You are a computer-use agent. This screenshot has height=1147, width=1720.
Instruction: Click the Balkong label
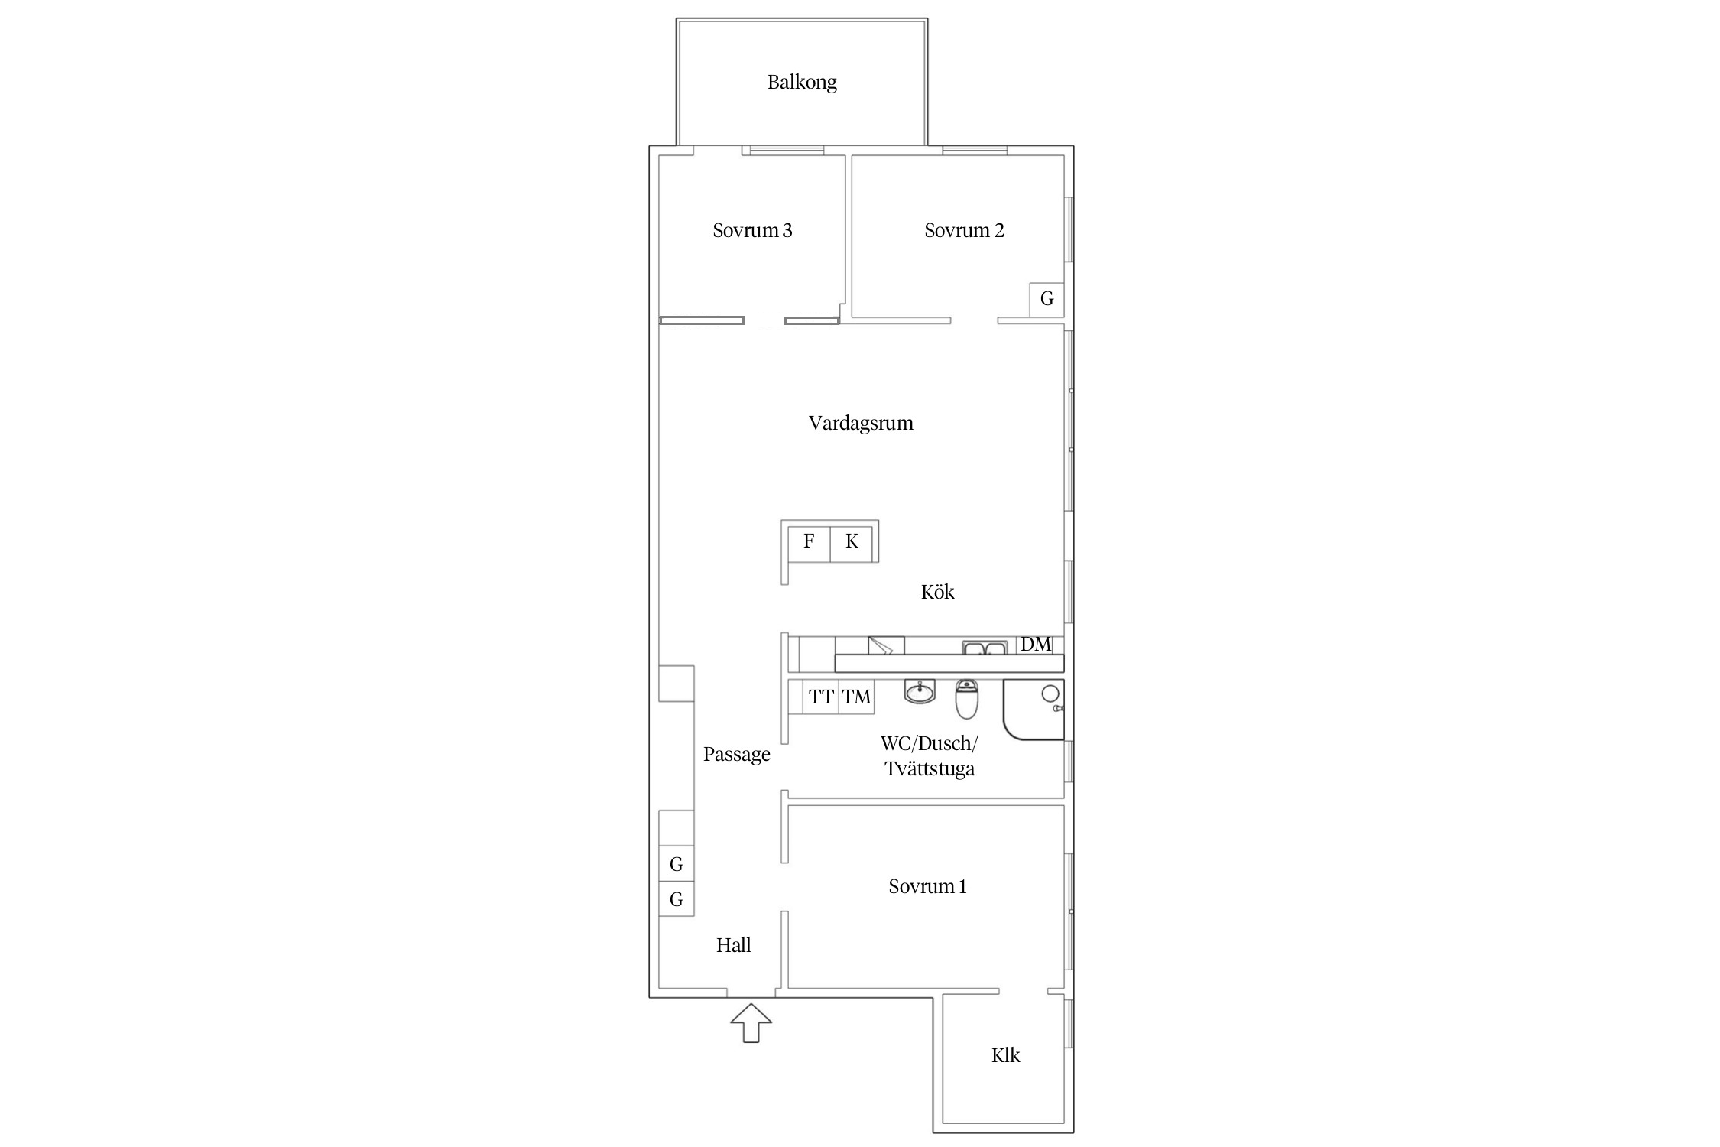click(802, 82)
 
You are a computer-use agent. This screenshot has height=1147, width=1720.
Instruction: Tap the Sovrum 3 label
click(752, 230)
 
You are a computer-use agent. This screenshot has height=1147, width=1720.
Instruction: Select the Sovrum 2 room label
click(964, 230)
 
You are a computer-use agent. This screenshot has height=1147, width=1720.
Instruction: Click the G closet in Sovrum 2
click(1047, 299)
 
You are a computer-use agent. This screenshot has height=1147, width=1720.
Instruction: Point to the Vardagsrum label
click(861, 423)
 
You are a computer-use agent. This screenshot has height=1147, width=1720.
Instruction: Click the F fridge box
click(809, 541)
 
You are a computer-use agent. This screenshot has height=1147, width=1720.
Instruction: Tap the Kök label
click(938, 592)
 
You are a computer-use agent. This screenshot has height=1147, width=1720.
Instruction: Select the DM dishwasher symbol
click(1036, 645)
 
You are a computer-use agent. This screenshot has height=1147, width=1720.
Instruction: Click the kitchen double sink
click(985, 648)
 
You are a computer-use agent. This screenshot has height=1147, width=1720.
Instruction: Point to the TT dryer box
click(821, 697)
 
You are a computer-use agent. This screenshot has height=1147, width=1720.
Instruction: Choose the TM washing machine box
click(856, 697)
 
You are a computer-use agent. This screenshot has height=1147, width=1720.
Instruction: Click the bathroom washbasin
click(920, 692)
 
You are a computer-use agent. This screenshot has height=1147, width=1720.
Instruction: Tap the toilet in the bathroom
click(967, 700)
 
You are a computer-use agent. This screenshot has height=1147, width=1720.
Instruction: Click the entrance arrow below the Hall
click(751, 1022)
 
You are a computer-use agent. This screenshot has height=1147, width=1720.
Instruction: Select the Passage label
click(737, 755)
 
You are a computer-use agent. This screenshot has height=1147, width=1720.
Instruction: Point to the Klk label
click(1005, 1056)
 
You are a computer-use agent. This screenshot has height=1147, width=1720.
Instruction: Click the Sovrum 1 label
click(927, 886)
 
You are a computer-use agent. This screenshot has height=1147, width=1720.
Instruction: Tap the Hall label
click(734, 945)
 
